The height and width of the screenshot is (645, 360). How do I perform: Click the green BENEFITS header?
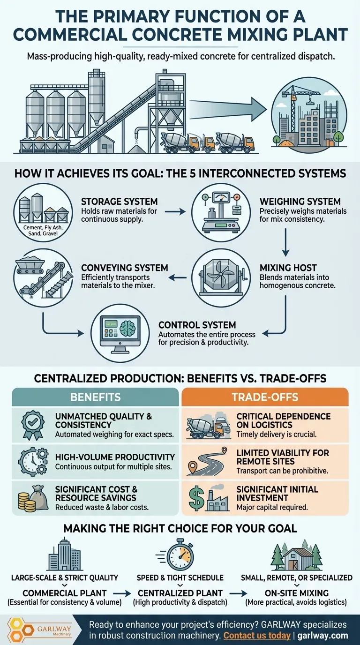(x=96, y=397)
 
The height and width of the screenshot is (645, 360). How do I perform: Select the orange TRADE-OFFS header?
(x=265, y=397)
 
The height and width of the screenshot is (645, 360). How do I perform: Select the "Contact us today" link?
(x=257, y=636)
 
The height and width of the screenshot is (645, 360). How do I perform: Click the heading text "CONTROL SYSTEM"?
(x=197, y=325)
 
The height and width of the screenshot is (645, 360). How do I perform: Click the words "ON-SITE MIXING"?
(x=296, y=593)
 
